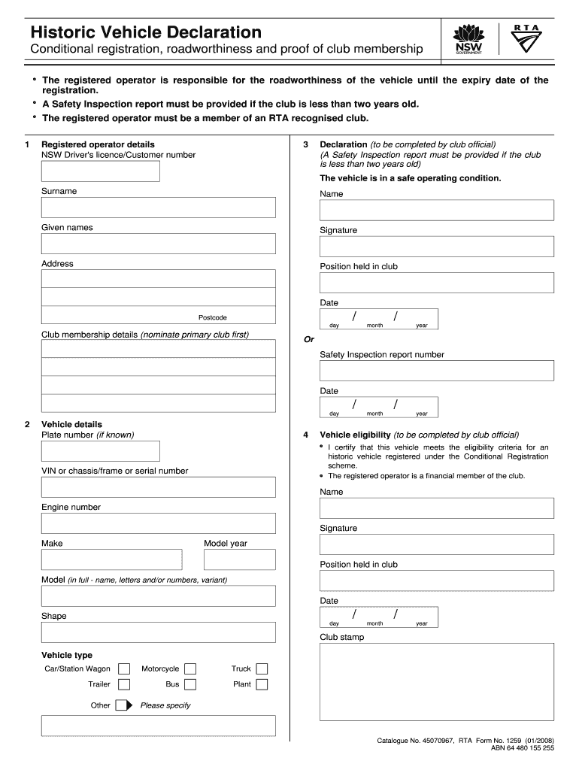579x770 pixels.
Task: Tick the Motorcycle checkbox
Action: [x=190, y=668]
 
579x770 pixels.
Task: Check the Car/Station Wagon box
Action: [x=124, y=668]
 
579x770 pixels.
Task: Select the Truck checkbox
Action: [x=262, y=668]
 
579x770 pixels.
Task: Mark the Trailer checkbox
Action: [x=124, y=684]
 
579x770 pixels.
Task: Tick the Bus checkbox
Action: [x=190, y=684]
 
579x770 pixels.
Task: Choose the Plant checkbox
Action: [x=262, y=684]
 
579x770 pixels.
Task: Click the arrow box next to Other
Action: [x=124, y=705]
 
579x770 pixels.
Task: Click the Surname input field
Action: [x=158, y=208]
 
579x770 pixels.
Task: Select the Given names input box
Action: [x=158, y=244]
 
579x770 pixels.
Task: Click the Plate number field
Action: [x=100, y=450]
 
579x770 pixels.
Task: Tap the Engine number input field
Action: [x=158, y=523]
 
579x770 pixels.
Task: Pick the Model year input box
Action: [x=239, y=559]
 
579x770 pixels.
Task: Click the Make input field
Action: [x=111, y=559]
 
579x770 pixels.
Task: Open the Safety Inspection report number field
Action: [x=436, y=371]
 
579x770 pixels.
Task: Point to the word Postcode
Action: [x=212, y=317]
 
